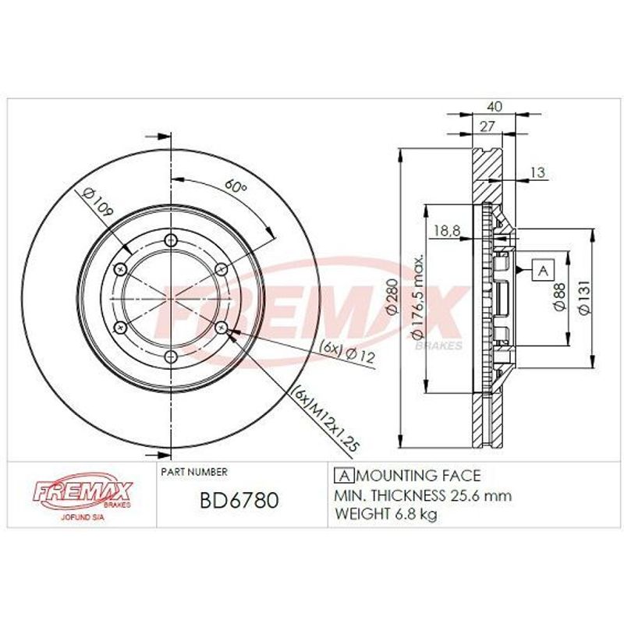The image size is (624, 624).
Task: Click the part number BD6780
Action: point(239,500)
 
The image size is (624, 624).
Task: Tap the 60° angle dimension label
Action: point(236,186)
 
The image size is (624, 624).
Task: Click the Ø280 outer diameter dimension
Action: point(392,296)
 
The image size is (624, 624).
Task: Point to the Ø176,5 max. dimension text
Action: point(417,296)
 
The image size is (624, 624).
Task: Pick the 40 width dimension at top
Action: point(495,107)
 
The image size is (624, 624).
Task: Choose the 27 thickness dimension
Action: point(487,126)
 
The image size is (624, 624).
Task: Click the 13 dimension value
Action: point(537,172)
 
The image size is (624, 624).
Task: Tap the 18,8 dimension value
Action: point(447,230)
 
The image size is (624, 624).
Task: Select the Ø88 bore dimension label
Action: point(559,296)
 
